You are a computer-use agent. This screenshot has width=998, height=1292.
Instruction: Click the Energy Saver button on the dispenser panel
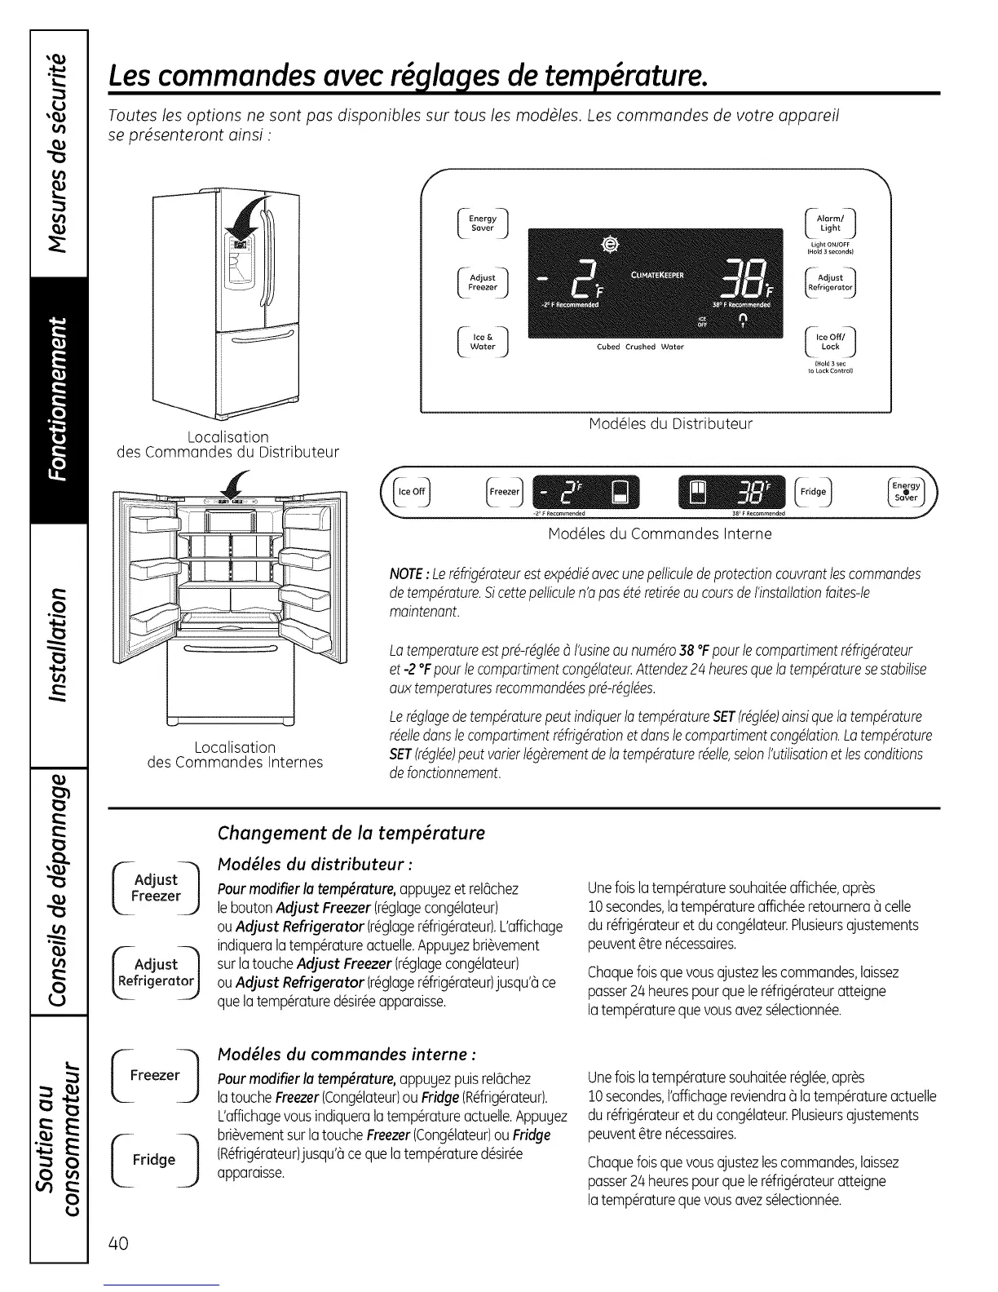(483, 223)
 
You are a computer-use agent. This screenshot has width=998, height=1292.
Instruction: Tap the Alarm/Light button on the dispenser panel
(830, 223)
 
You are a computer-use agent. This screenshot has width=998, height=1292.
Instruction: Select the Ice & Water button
(483, 342)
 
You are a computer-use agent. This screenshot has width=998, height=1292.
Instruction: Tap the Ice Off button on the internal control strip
(410, 491)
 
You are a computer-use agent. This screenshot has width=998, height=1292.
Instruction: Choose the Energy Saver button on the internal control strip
(905, 492)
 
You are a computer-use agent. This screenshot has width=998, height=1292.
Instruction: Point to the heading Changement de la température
(351, 833)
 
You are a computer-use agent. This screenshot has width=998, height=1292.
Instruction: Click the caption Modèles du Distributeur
(670, 424)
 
